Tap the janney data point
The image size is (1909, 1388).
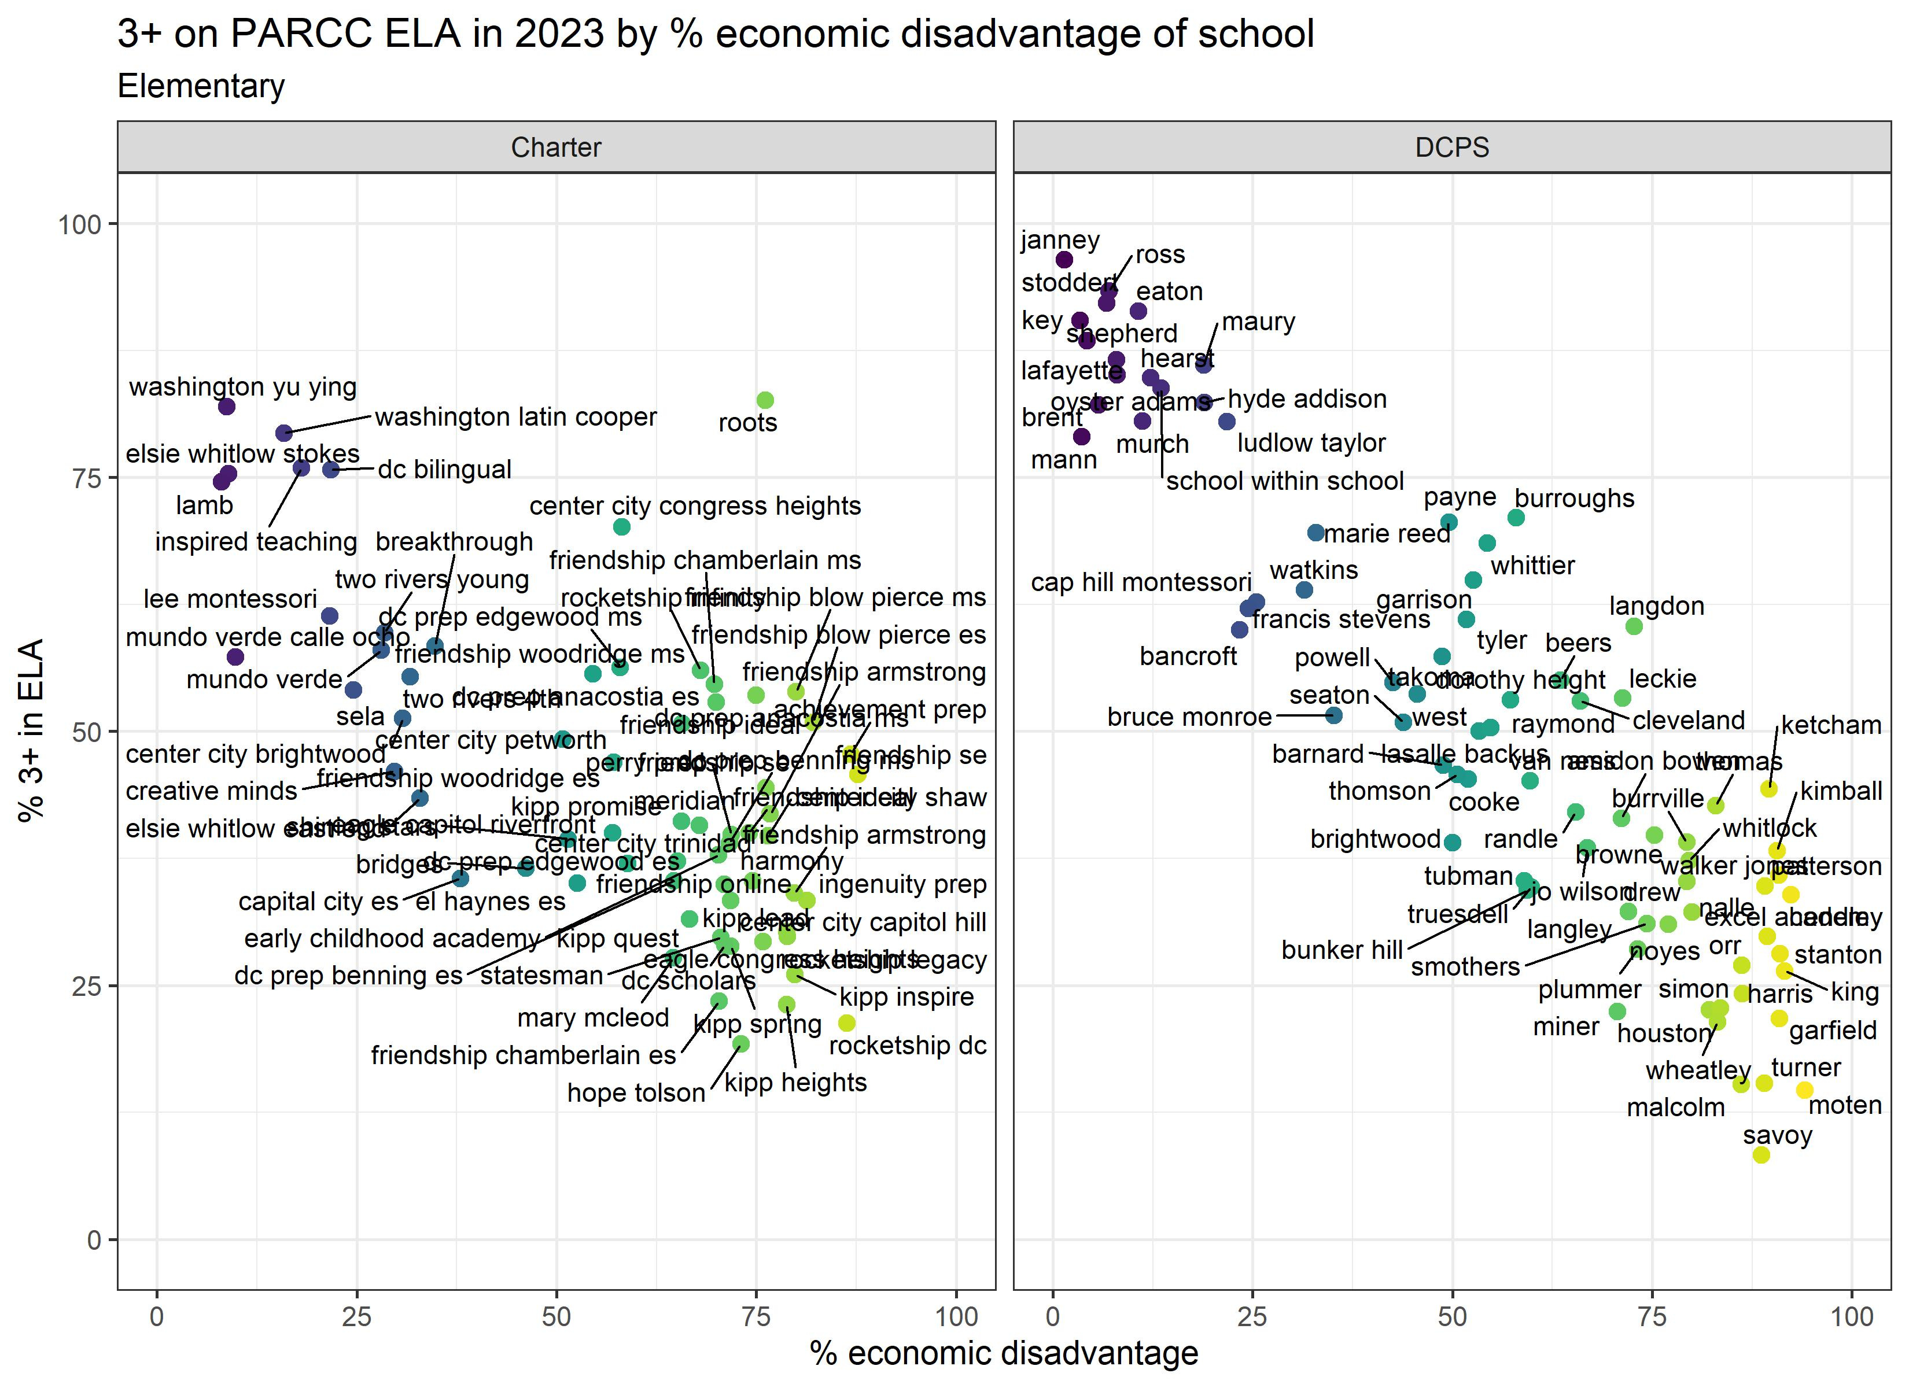coord(1064,259)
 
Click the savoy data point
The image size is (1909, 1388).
coord(1761,1155)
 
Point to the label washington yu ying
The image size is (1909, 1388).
coord(242,386)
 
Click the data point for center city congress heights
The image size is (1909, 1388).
coord(621,527)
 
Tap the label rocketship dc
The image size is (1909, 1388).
coord(908,1046)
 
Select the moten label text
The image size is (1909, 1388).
coord(1844,1105)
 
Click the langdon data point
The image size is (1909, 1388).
coord(1634,626)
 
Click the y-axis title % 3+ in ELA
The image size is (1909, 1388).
coord(31,730)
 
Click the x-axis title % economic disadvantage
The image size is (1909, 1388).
coord(1003,1353)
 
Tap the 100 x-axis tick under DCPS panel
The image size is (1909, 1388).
coord(1852,1316)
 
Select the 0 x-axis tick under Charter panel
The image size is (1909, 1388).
coord(157,1316)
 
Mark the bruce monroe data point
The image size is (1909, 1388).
coord(1334,715)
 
